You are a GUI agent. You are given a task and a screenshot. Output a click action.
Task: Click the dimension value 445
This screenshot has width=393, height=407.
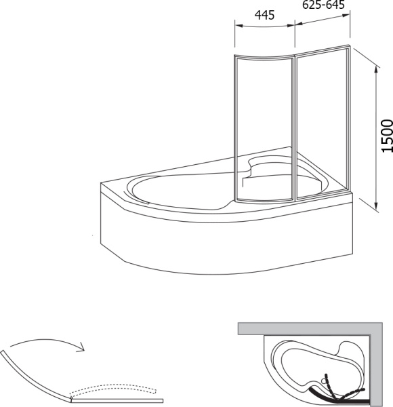[x=264, y=15]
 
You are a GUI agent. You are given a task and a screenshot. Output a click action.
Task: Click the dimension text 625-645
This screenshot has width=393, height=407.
[x=323, y=5]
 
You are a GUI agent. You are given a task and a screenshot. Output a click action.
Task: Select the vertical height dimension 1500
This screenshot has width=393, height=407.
[x=388, y=136]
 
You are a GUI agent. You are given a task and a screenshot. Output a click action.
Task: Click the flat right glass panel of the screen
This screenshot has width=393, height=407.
[x=323, y=122]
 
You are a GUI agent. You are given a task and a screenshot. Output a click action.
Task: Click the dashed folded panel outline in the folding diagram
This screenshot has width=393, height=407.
[x=114, y=388]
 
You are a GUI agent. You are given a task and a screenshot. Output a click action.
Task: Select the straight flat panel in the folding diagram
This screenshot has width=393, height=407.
[x=117, y=400]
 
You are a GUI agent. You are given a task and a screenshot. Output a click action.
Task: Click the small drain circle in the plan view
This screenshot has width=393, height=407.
[x=323, y=381]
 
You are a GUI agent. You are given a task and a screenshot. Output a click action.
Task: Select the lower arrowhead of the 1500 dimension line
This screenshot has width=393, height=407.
[x=375, y=205]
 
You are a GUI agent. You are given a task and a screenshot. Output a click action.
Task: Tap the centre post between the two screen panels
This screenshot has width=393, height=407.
[x=295, y=128]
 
